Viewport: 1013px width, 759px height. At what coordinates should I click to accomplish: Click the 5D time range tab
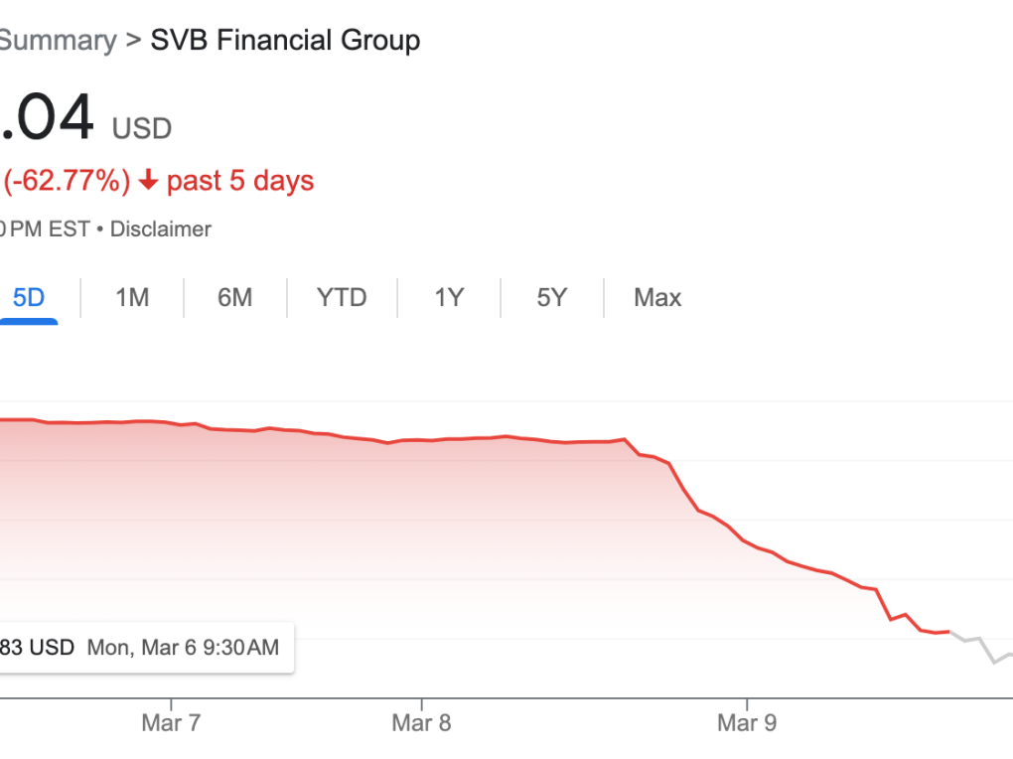point(29,297)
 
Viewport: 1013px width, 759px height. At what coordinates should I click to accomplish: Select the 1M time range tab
point(132,297)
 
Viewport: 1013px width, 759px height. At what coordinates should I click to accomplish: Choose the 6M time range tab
point(235,297)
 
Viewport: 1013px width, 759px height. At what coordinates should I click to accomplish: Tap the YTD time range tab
point(342,297)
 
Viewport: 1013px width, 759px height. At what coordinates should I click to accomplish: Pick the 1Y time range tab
point(449,297)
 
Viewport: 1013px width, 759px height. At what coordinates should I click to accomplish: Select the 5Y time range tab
point(552,297)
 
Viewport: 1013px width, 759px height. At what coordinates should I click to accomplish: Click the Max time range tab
point(657,297)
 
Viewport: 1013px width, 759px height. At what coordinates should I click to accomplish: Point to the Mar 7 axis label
point(171,722)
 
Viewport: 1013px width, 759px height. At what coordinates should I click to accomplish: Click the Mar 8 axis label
point(421,722)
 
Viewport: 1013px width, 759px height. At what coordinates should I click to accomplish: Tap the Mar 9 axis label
point(747,722)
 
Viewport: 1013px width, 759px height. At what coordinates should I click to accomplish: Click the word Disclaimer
point(161,229)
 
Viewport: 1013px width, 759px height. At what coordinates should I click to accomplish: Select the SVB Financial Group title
point(285,41)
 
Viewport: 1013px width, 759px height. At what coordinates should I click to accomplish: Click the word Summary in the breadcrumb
point(58,41)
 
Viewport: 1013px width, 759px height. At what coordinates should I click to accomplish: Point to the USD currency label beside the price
point(142,128)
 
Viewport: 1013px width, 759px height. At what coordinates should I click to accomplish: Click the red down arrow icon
point(149,181)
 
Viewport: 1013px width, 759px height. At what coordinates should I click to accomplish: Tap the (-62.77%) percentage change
point(68,181)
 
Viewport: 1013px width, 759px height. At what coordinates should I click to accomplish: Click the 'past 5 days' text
point(240,181)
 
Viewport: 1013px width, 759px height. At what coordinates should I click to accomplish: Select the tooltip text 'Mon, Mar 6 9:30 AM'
point(184,648)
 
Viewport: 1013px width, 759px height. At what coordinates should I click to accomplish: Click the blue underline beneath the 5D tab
point(29,321)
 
